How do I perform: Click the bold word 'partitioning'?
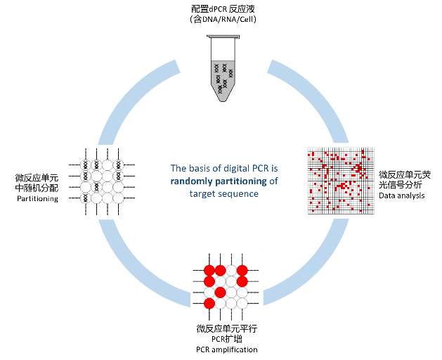click(240, 181)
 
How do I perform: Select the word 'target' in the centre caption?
click(203, 193)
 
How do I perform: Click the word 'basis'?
click(200, 169)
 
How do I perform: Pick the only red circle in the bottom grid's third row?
click(220, 292)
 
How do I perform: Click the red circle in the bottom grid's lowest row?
click(209, 303)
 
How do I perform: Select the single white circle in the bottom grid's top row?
click(231, 270)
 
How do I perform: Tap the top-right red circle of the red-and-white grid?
click(242, 270)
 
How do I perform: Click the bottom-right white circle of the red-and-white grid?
click(242, 303)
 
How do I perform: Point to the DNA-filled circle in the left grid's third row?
click(96, 187)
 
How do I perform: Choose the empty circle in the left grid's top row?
click(108, 165)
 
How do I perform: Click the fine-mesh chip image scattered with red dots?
click(339, 180)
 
